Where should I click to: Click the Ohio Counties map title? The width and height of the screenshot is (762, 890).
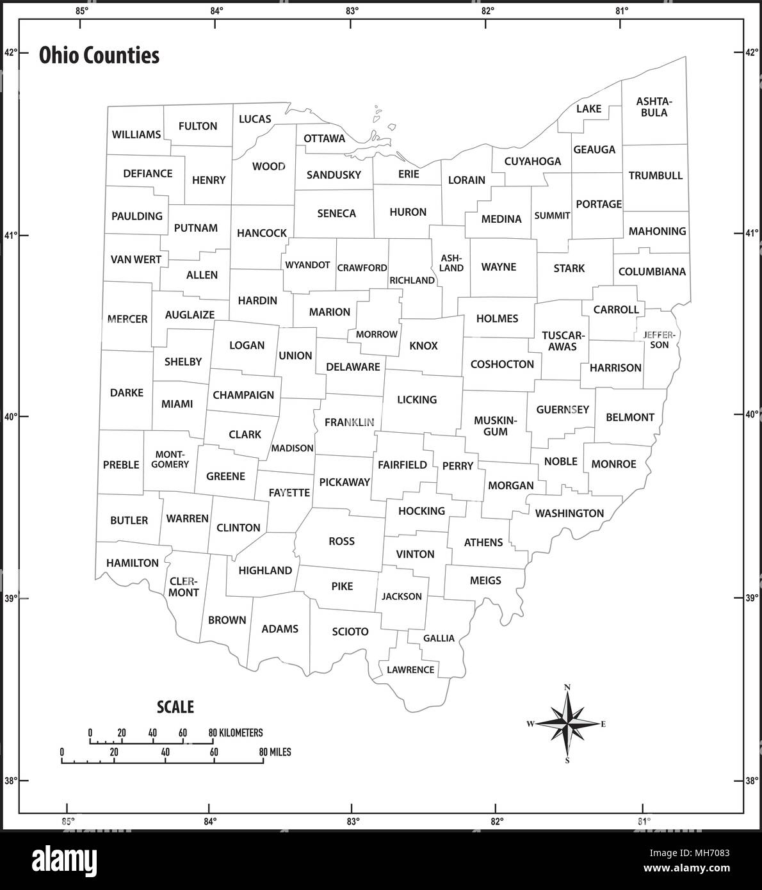point(99,56)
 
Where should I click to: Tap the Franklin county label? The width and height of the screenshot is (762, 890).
point(349,423)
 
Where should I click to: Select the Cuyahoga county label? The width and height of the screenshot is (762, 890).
point(532,161)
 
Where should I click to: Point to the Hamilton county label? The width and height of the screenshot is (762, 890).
point(133,563)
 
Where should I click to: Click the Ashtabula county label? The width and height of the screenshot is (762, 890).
point(653,107)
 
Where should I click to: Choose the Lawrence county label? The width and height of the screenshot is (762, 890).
point(410,670)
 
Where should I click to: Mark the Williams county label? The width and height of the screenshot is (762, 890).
point(136,134)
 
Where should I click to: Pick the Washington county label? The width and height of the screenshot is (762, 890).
point(569,513)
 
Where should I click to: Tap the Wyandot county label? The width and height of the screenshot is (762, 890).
point(307,264)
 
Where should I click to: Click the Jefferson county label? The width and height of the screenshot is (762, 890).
point(656,339)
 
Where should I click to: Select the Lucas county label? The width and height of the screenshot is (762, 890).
point(255,119)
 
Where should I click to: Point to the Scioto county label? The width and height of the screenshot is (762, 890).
point(350,632)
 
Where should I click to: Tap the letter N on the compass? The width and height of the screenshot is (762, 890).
point(567,688)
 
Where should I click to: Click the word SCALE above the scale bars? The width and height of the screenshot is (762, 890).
point(175,707)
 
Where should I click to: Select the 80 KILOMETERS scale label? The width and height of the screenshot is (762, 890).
point(236,732)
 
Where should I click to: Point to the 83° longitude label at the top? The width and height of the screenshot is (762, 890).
point(352,10)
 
